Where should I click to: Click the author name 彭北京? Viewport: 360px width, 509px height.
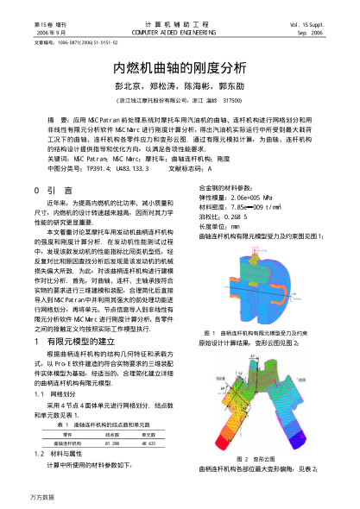[129, 86]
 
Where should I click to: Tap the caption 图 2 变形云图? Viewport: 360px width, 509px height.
[252, 458]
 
